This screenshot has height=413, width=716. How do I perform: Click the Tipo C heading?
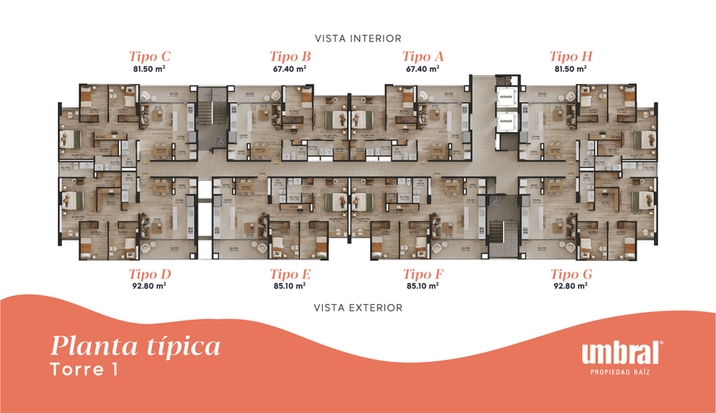point(149,57)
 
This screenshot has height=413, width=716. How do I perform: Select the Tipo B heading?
point(290,57)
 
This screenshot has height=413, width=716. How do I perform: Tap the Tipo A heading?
point(423,57)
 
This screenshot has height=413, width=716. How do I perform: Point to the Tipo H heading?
point(571,57)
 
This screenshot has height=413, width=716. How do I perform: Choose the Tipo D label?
point(149,274)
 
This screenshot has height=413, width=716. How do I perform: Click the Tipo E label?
point(290,274)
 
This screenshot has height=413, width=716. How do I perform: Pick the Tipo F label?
point(423,274)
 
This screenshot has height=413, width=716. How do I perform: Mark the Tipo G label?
point(571,274)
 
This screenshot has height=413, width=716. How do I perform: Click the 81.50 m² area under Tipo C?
point(149,69)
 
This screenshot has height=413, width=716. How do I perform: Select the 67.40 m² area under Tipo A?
point(423,69)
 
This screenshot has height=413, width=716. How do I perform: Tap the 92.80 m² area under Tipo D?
point(149,287)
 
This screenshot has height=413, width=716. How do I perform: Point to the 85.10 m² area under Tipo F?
point(423,287)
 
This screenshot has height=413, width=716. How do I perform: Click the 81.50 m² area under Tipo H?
point(571,69)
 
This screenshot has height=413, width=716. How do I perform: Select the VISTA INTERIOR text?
point(358,38)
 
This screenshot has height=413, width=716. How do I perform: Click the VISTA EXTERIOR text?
point(358,308)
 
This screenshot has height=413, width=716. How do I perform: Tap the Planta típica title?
point(135,344)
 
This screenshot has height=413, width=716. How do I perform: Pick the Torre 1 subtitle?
point(83,368)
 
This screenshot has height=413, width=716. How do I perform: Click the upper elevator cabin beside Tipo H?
point(505,98)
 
